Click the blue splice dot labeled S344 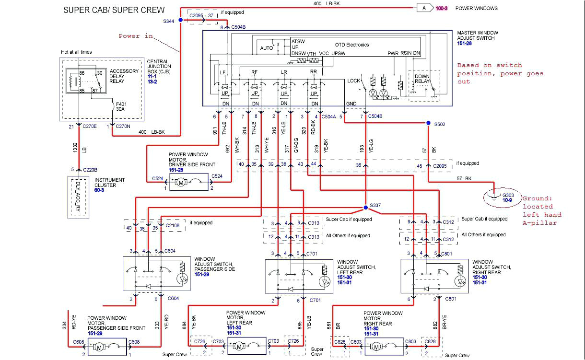[180, 20]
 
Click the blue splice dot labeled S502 [428, 123]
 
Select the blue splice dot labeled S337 [365, 207]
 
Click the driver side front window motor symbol [181, 182]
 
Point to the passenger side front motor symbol [99, 346]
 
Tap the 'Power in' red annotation [136, 36]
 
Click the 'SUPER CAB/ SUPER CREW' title [114, 10]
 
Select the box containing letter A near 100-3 [424, 8]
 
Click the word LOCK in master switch [353, 81]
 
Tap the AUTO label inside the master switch [266, 48]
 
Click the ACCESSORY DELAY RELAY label [124, 76]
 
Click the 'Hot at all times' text [76, 52]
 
